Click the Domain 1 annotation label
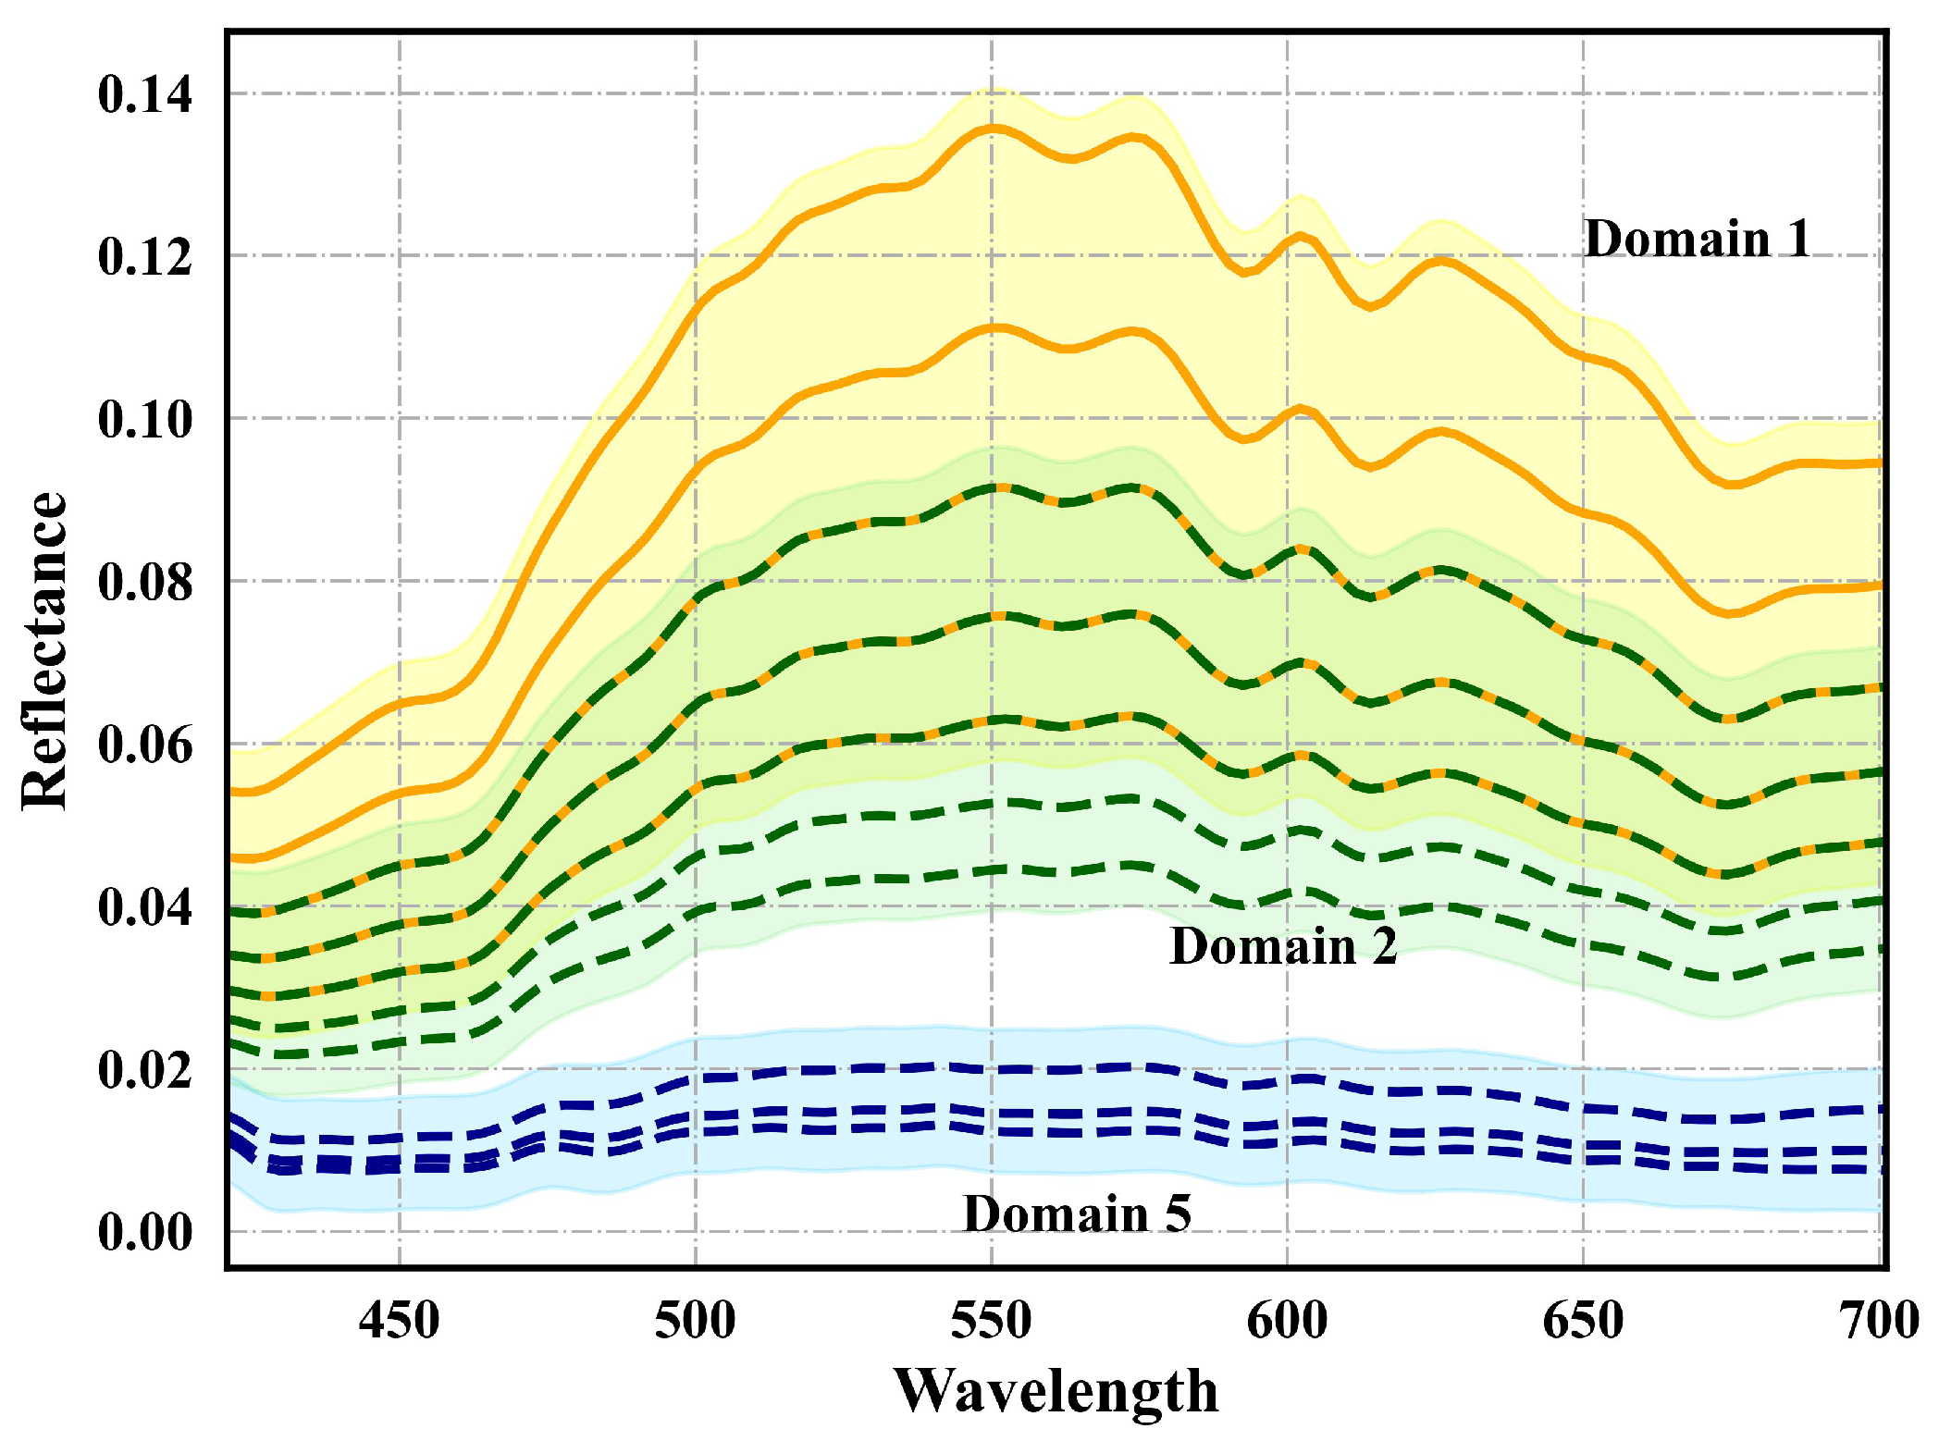pos(1697,239)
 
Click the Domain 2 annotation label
pos(1283,945)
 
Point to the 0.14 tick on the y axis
pos(145,94)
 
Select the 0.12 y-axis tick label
pos(145,256)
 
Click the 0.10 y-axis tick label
pos(145,419)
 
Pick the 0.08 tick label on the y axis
pos(145,582)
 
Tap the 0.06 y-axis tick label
pos(145,745)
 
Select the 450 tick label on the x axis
pos(400,1320)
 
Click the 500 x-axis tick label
pos(696,1320)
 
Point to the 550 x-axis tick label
pos(992,1320)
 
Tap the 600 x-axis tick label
pos(1288,1320)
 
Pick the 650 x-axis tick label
pos(1584,1320)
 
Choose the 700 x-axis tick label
pos(1878,1320)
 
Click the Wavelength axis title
pos(1056,1391)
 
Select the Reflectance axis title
pos(44,651)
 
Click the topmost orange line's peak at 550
pos(992,128)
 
